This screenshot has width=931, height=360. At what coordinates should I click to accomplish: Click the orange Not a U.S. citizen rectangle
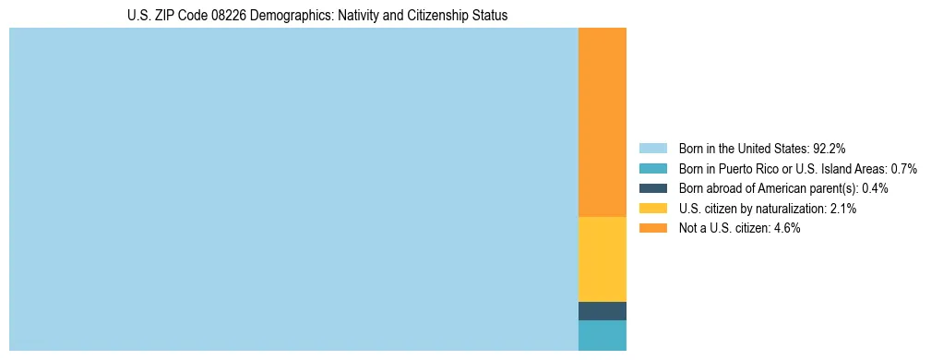pyautogui.click(x=602, y=122)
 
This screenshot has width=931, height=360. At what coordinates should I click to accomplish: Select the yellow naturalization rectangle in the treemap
pyautogui.click(x=602, y=258)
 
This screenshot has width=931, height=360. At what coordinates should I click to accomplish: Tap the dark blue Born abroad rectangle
pyautogui.click(x=602, y=311)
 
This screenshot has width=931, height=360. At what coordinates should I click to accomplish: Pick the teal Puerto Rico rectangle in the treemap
pyautogui.click(x=602, y=335)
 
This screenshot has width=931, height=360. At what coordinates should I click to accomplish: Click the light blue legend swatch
pyautogui.click(x=652, y=148)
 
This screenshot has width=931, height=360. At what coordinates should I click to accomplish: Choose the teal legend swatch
pyautogui.click(x=652, y=168)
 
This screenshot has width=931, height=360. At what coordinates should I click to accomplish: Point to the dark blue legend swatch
pyautogui.click(x=652, y=188)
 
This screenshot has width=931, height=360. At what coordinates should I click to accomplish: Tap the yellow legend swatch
pyautogui.click(x=652, y=209)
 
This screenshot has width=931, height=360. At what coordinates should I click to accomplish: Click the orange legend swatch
pyautogui.click(x=652, y=228)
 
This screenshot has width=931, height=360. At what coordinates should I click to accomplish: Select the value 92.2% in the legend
pyautogui.click(x=830, y=149)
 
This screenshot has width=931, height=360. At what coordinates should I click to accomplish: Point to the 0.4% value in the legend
pyautogui.click(x=875, y=188)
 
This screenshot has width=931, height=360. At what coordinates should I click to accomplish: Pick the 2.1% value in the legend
pyautogui.click(x=842, y=209)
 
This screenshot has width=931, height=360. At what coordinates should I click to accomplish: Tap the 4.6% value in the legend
pyautogui.click(x=786, y=229)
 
